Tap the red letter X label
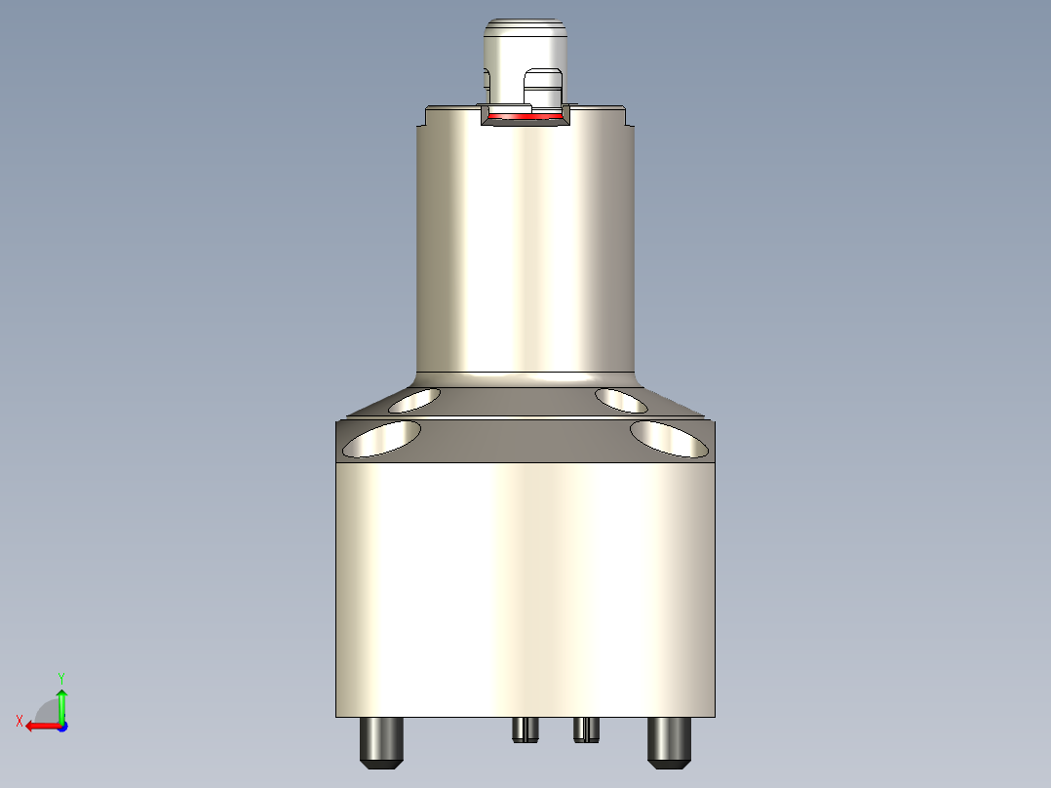click(19, 721)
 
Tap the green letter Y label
click(61, 676)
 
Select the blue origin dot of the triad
click(61, 726)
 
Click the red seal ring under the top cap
click(526, 117)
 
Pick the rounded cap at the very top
click(526, 39)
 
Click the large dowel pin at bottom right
click(670, 741)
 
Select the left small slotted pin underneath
click(525, 729)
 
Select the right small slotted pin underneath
click(585, 729)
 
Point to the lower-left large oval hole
click(382, 439)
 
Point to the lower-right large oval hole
click(669, 439)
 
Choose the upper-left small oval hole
click(413, 399)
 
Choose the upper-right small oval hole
click(623, 399)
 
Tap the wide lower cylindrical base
click(526, 585)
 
